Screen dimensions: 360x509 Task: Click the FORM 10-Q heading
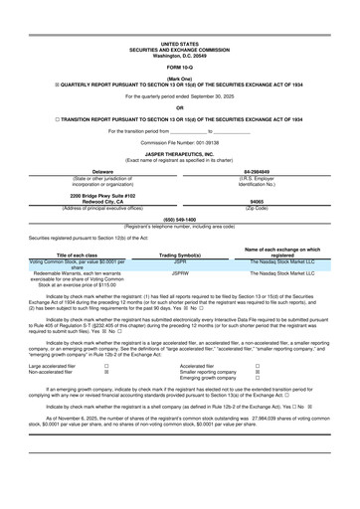(179, 67)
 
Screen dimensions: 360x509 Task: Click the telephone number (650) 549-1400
(179, 246)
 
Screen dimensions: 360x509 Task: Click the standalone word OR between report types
(179, 109)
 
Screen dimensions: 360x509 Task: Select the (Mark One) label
(179, 81)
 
